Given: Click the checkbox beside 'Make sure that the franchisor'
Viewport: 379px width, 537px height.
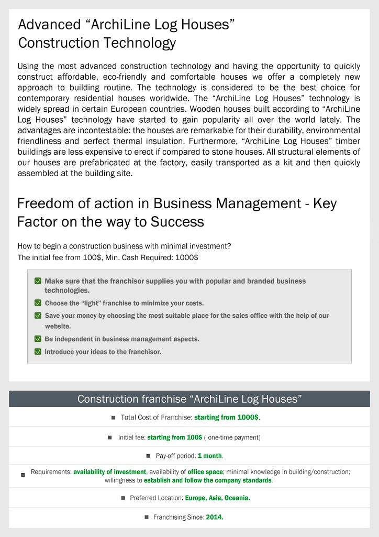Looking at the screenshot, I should click(38, 281).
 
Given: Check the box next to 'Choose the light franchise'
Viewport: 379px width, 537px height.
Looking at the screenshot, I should click(38, 303).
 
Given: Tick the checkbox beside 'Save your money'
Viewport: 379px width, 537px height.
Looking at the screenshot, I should click(38, 316).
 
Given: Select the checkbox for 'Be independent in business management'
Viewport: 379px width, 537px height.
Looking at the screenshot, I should click(38, 339).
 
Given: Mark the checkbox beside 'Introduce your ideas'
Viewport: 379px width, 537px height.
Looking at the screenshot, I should click(38, 352).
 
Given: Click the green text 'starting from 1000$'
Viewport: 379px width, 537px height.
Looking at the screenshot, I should click(226, 418).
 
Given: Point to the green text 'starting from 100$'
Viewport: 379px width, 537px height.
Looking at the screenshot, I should click(174, 437).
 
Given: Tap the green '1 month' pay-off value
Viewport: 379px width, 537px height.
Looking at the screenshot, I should click(210, 456).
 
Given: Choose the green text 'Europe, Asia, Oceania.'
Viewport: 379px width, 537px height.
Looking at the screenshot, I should click(217, 498).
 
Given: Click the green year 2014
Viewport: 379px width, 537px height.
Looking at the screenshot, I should click(215, 518).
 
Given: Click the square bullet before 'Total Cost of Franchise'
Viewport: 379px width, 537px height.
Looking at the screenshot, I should click(113, 418).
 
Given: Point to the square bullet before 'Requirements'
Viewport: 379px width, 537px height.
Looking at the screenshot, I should click(23, 475).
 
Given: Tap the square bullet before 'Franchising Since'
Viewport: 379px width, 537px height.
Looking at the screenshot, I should click(147, 517).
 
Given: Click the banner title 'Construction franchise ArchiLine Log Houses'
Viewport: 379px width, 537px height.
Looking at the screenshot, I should click(189, 399).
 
